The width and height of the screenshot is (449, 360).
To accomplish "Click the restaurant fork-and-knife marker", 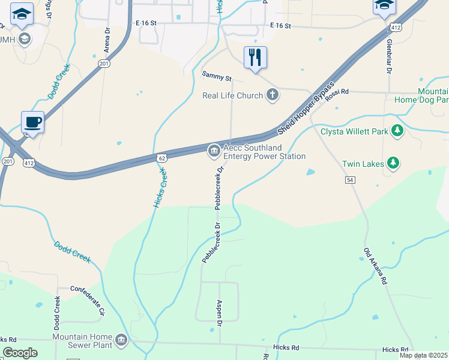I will tap(255, 58).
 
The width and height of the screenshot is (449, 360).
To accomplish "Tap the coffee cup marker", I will tap(33, 122).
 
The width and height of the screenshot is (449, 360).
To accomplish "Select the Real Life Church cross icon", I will tap(273, 94).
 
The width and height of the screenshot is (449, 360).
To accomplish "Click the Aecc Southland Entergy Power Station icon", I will tap(213, 151).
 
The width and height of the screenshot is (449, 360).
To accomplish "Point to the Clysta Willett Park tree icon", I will tap(396, 130).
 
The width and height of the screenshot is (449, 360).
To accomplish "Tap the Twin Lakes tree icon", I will tap(393, 163).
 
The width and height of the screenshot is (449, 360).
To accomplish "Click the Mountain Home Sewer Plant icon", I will tap(121, 341).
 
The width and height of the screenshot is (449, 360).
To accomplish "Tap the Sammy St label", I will tap(217, 77).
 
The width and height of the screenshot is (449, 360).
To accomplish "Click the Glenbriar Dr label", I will tap(389, 58).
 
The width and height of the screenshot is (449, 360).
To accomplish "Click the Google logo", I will tap(20, 353).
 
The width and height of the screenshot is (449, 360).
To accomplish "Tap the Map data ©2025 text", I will tap(423, 355).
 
